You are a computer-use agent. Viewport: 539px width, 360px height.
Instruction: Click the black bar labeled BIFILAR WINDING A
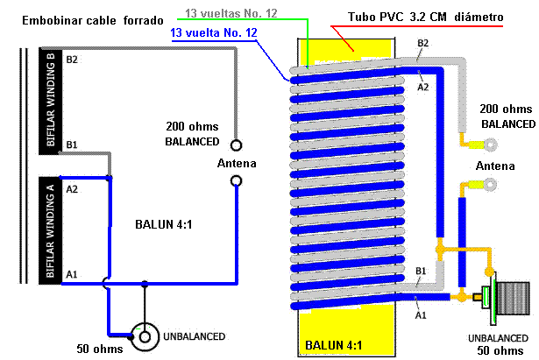pos(49,229)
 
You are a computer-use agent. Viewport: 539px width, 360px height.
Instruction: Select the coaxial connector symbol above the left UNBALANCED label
pos(143,334)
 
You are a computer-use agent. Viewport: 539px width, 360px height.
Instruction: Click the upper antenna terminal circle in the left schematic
pos(236,145)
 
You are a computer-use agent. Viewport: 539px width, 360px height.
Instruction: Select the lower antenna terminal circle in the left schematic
pos(236,180)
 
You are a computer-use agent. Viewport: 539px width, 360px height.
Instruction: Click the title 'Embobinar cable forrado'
pos(82,20)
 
